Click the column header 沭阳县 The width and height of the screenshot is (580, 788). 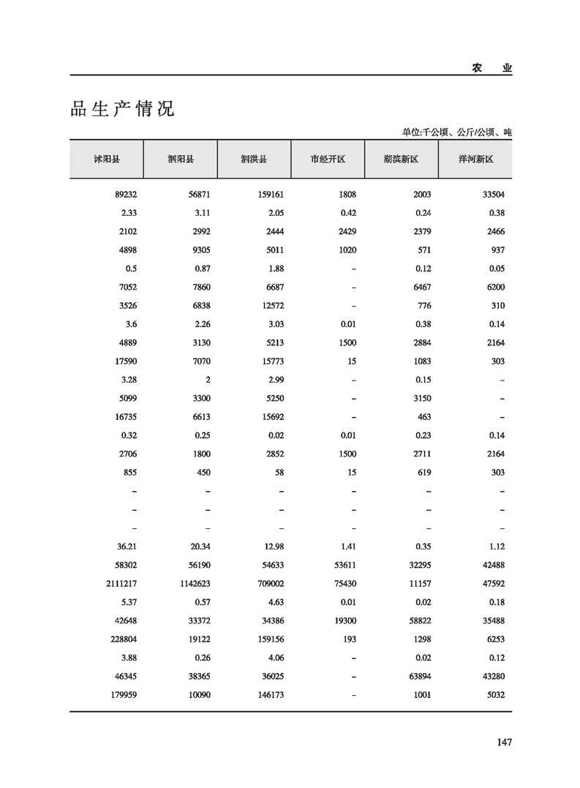pos(107,159)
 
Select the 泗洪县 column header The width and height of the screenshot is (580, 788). pos(254,159)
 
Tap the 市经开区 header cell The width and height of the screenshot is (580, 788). pos(328,159)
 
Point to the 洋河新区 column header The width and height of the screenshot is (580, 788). pos(475,159)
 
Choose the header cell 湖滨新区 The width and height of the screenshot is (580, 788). pos(401,159)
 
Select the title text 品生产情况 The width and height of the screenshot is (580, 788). pos(122,110)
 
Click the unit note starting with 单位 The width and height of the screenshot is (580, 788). pos(456,132)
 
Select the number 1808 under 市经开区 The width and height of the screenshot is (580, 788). pos(346,195)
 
